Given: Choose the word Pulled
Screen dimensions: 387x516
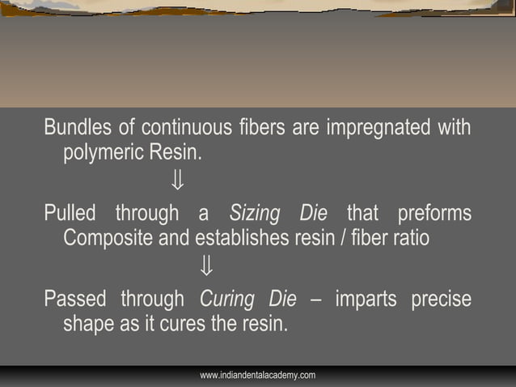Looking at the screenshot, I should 70,214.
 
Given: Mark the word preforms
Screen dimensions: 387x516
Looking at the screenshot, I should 434,214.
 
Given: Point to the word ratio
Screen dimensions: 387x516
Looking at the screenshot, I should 412,238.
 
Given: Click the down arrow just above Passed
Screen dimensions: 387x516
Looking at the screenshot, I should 206,266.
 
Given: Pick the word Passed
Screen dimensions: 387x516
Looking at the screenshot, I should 74,299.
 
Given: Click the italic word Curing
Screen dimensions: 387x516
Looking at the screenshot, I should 224,300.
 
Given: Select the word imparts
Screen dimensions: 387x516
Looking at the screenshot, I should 365,300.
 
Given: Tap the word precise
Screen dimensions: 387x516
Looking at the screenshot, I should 441,300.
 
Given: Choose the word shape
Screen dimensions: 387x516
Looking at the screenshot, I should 87,324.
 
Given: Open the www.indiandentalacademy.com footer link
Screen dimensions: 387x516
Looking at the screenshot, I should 257,375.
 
